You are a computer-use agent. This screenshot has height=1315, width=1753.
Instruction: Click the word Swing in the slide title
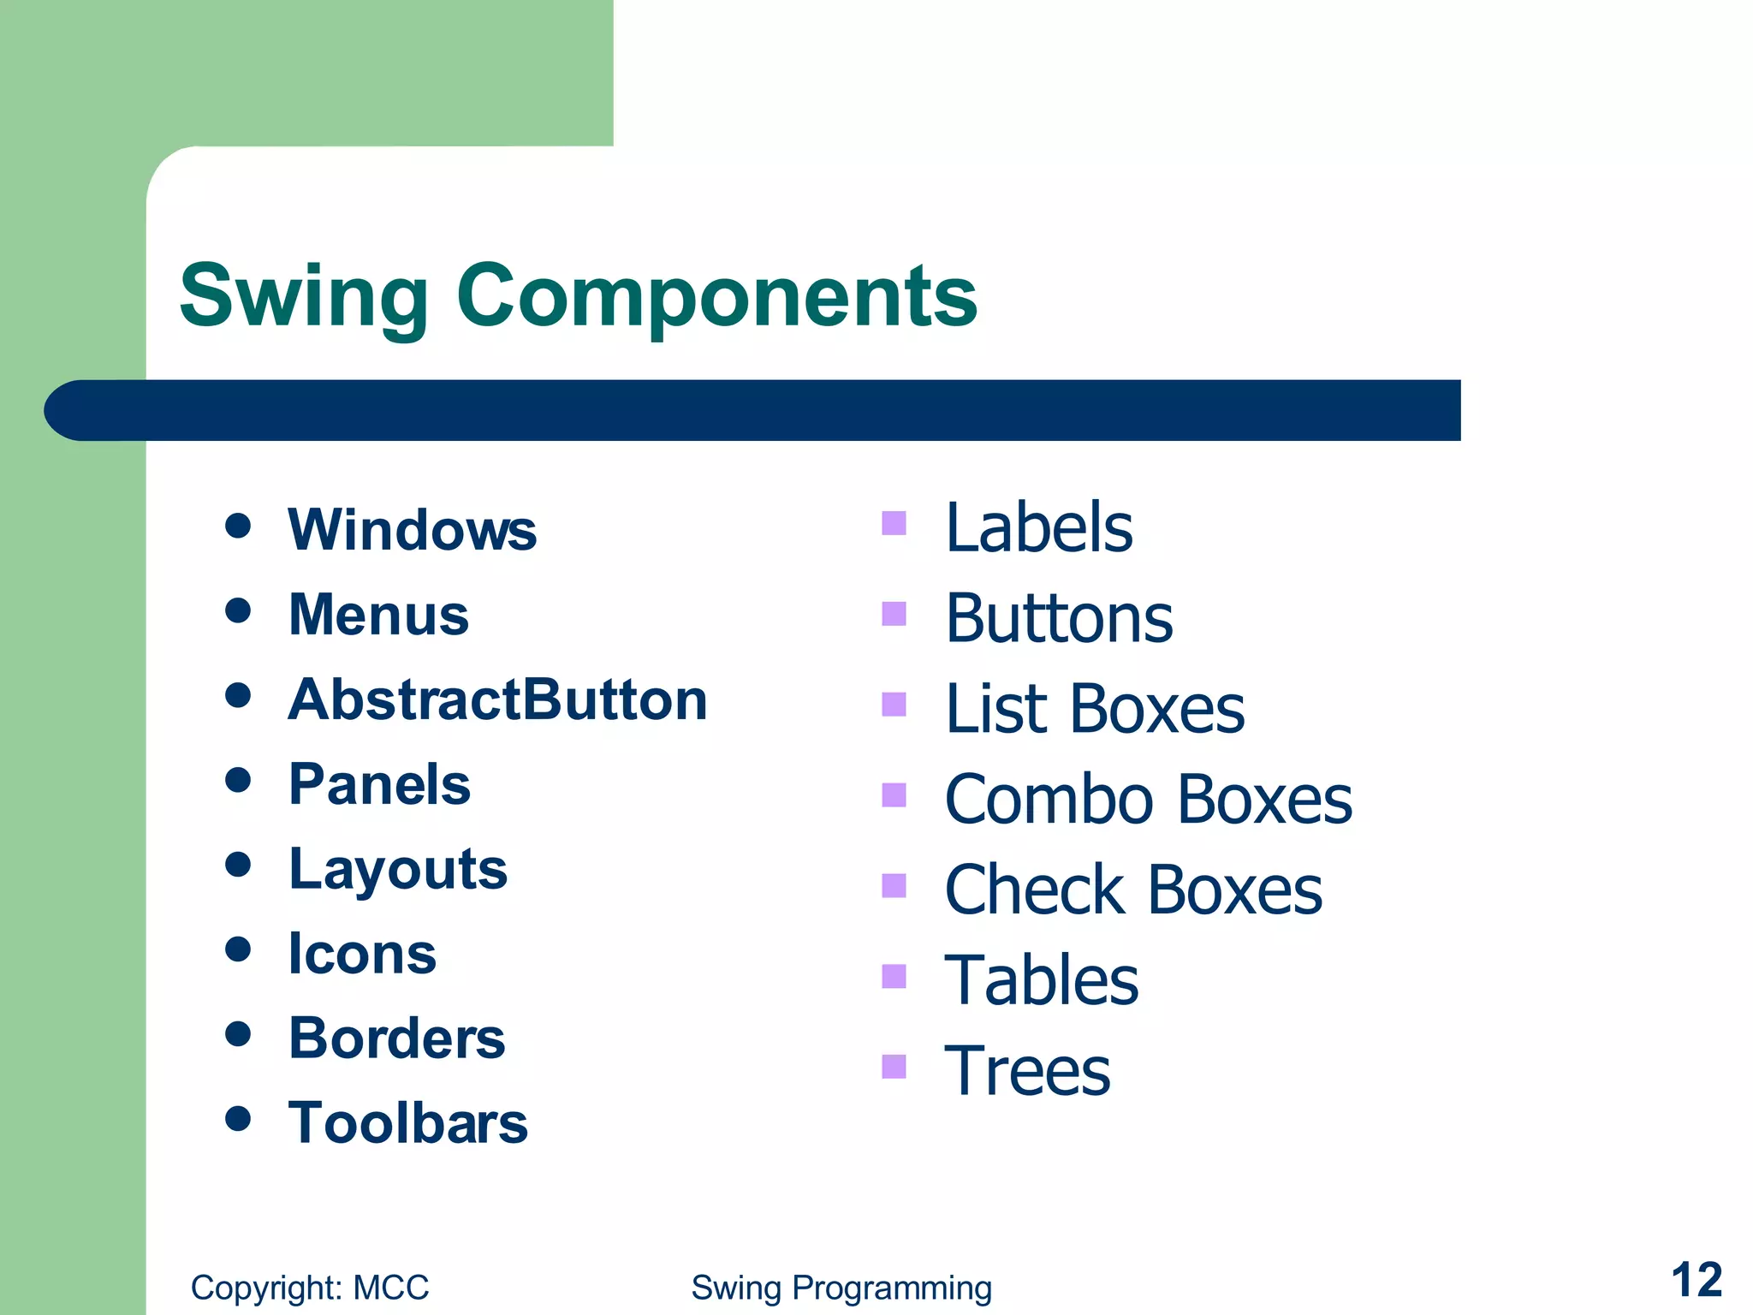[303, 297]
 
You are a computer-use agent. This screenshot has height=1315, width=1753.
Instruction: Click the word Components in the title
[716, 297]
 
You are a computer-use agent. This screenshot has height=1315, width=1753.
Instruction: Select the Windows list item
[412, 530]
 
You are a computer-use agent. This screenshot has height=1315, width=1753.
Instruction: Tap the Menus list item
[378, 615]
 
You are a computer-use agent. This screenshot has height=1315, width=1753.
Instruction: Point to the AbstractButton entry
[497, 699]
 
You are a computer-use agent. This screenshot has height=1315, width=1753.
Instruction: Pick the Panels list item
[379, 784]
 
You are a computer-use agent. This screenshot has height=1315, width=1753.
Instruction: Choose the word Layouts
[398, 869]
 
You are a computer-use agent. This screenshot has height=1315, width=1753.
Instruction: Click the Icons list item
[362, 954]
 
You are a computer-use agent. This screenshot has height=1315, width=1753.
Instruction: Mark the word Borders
[397, 1038]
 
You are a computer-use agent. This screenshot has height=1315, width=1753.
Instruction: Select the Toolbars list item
[408, 1123]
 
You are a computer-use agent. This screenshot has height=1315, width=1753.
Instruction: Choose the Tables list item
[1041, 981]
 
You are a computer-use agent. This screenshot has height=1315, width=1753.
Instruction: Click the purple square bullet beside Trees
[894, 1066]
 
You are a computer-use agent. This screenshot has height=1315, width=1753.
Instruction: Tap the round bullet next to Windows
[238, 526]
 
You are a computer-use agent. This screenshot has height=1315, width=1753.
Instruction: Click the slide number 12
[1696, 1281]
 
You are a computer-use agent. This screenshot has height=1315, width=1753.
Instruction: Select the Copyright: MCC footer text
[309, 1288]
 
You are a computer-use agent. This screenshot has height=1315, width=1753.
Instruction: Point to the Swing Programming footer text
[841, 1288]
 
